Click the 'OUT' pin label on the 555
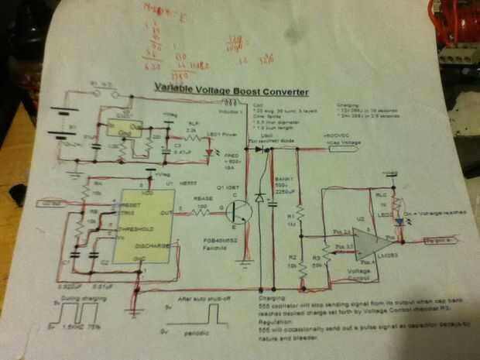pyautogui.click(x=165, y=212)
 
